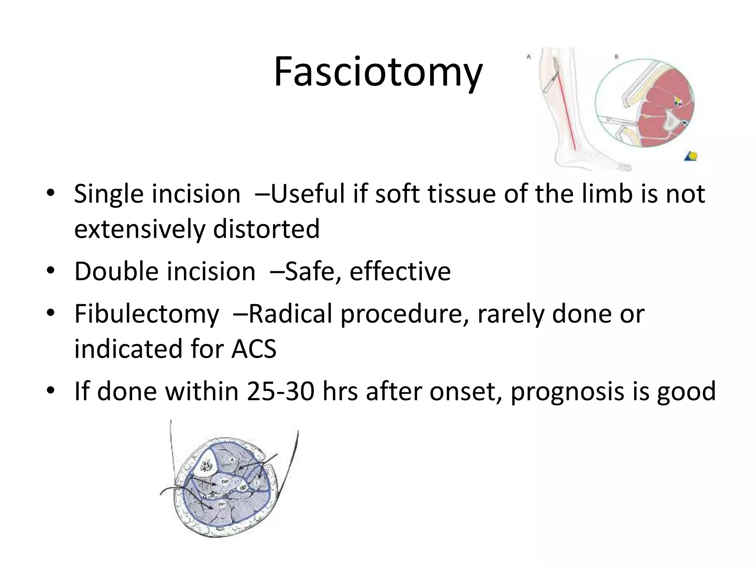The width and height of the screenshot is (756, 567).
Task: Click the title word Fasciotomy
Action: [x=378, y=72]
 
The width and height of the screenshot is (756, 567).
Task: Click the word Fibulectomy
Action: [x=147, y=314]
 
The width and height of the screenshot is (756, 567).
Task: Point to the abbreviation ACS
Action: [x=254, y=348]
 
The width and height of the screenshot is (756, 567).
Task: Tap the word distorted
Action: [x=266, y=229]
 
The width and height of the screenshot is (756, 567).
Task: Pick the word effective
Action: [x=400, y=271]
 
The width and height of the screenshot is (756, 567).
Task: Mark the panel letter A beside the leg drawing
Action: [x=529, y=57]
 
